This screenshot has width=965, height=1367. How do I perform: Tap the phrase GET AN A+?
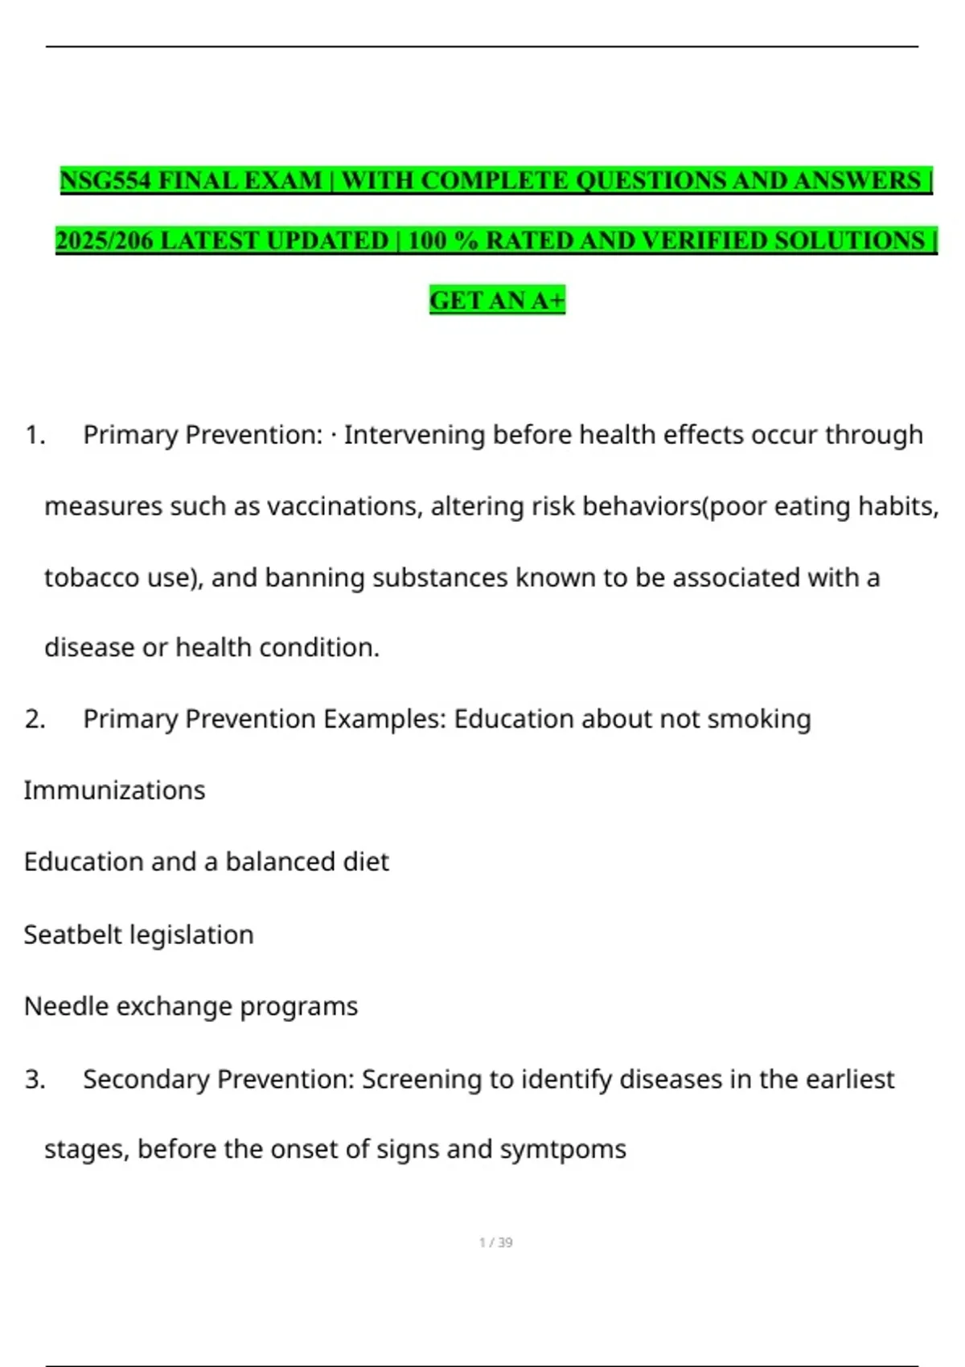(497, 300)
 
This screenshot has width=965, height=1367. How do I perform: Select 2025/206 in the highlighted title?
(104, 240)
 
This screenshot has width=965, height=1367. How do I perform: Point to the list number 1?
(34, 435)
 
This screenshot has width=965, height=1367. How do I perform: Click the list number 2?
(34, 719)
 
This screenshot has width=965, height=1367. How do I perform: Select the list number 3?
(34, 1079)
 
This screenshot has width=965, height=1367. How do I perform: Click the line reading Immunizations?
(114, 790)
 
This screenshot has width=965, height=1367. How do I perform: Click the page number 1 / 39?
(495, 1242)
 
